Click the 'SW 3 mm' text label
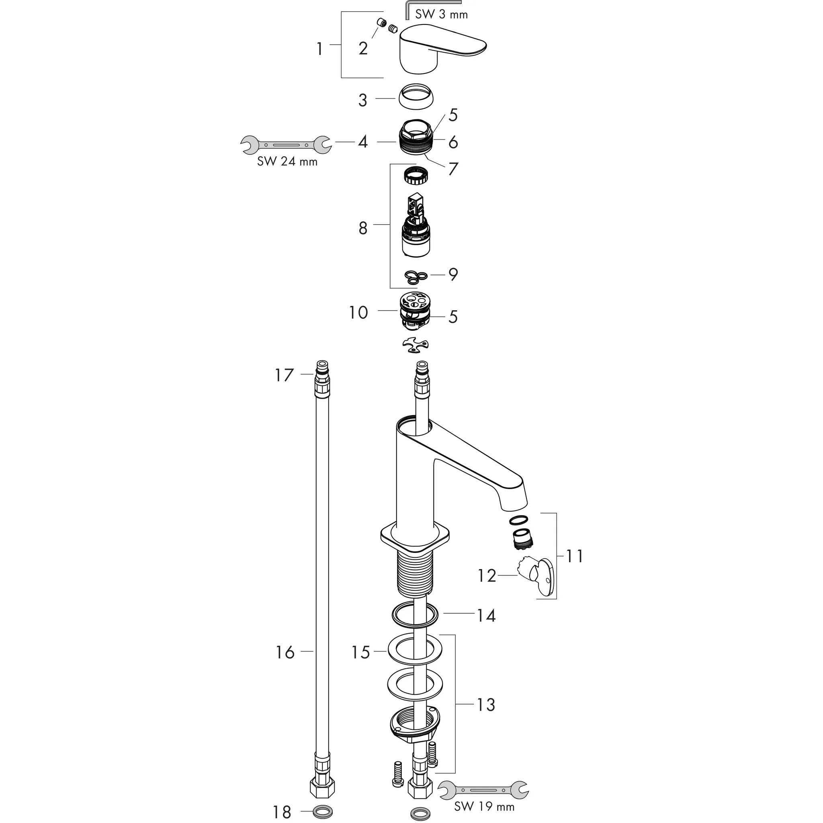[x=441, y=15]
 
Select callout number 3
[x=362, y=100]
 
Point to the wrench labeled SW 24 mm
[x=285, y=145]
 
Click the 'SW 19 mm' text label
[x=484, y=807]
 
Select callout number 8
[x=362, y=228]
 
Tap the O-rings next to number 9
[x=416, y=277]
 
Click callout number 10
[x=358, y=313]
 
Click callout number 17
[x=284, y=375]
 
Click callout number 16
[x=285, y=652]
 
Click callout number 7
[x=453, y=169]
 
